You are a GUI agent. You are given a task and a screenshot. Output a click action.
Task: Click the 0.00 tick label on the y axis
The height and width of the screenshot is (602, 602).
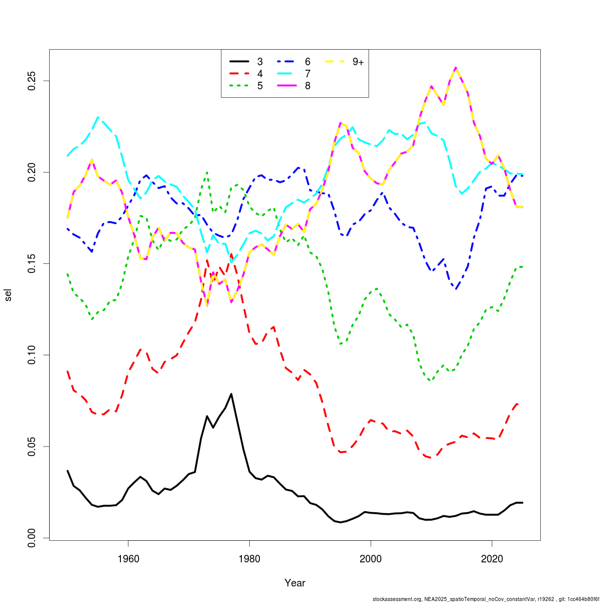31,538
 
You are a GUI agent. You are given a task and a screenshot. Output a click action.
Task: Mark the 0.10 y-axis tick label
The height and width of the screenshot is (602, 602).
31,355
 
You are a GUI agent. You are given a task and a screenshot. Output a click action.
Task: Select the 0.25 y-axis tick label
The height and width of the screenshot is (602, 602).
31,81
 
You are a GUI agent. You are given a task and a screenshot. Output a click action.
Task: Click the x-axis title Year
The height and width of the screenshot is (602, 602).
295,583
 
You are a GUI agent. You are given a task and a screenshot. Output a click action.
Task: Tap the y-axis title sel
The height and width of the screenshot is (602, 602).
8,295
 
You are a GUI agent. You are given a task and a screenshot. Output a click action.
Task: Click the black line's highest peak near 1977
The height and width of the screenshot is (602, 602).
231,394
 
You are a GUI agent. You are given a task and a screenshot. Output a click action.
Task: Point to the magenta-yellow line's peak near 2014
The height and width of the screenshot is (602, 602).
456,68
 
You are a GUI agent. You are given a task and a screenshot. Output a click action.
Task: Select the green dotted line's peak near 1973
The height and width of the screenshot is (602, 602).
207,172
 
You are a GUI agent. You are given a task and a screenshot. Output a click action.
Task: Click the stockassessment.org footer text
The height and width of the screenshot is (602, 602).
485,598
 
